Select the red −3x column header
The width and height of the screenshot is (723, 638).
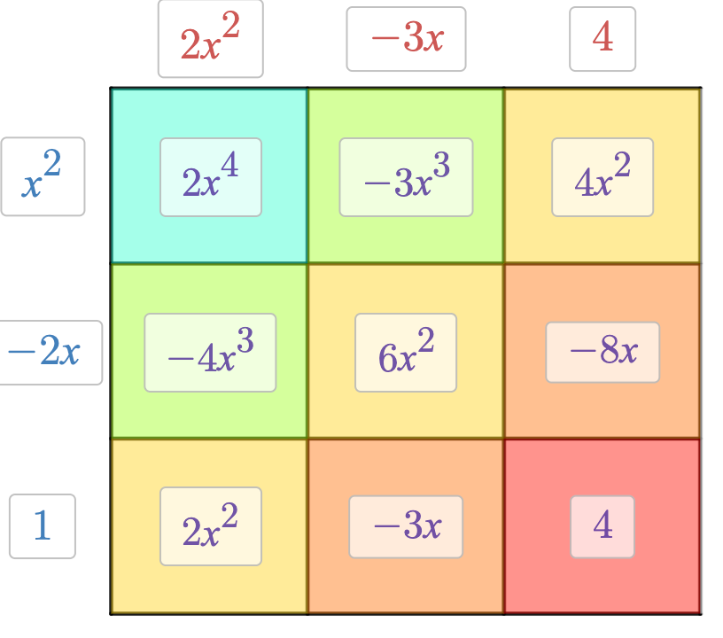[407, 39]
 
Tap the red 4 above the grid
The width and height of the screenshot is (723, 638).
[602, 39]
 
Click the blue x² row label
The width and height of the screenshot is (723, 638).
[43, 176]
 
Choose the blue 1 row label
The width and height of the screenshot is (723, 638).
[42, 526]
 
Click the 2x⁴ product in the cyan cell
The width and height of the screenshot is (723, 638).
[211, 177]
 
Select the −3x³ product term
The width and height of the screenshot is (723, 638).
[406, 177]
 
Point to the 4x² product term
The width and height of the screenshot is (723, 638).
[602, 177]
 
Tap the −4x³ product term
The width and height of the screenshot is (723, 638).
[210, 353]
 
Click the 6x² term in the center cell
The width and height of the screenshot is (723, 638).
[406, 353]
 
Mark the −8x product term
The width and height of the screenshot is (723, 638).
[602, 352]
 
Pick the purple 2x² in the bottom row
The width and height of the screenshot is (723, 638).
[211, 526]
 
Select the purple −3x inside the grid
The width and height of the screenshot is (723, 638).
[406, 526]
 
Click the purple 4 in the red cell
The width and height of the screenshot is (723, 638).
[602, 526]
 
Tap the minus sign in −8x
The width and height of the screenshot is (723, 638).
[581, 352]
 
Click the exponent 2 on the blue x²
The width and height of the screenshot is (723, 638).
[53, 161]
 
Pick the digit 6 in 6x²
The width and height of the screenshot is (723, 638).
[385, 356]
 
